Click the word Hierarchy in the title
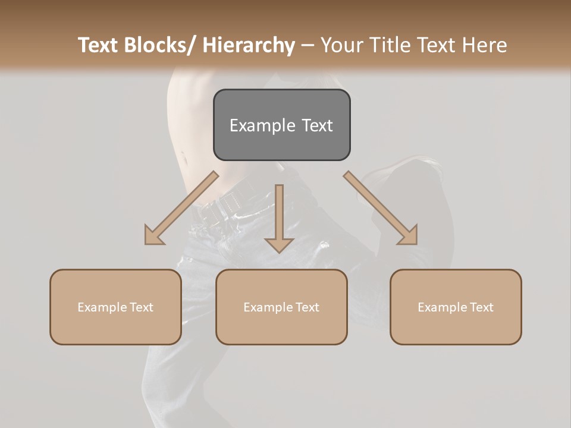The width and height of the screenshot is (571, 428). tap(249, 45)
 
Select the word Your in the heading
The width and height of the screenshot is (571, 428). tap(343, 45)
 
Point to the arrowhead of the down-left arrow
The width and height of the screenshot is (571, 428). tap(153, 236)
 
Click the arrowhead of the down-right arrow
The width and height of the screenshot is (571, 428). tap(409, 236)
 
